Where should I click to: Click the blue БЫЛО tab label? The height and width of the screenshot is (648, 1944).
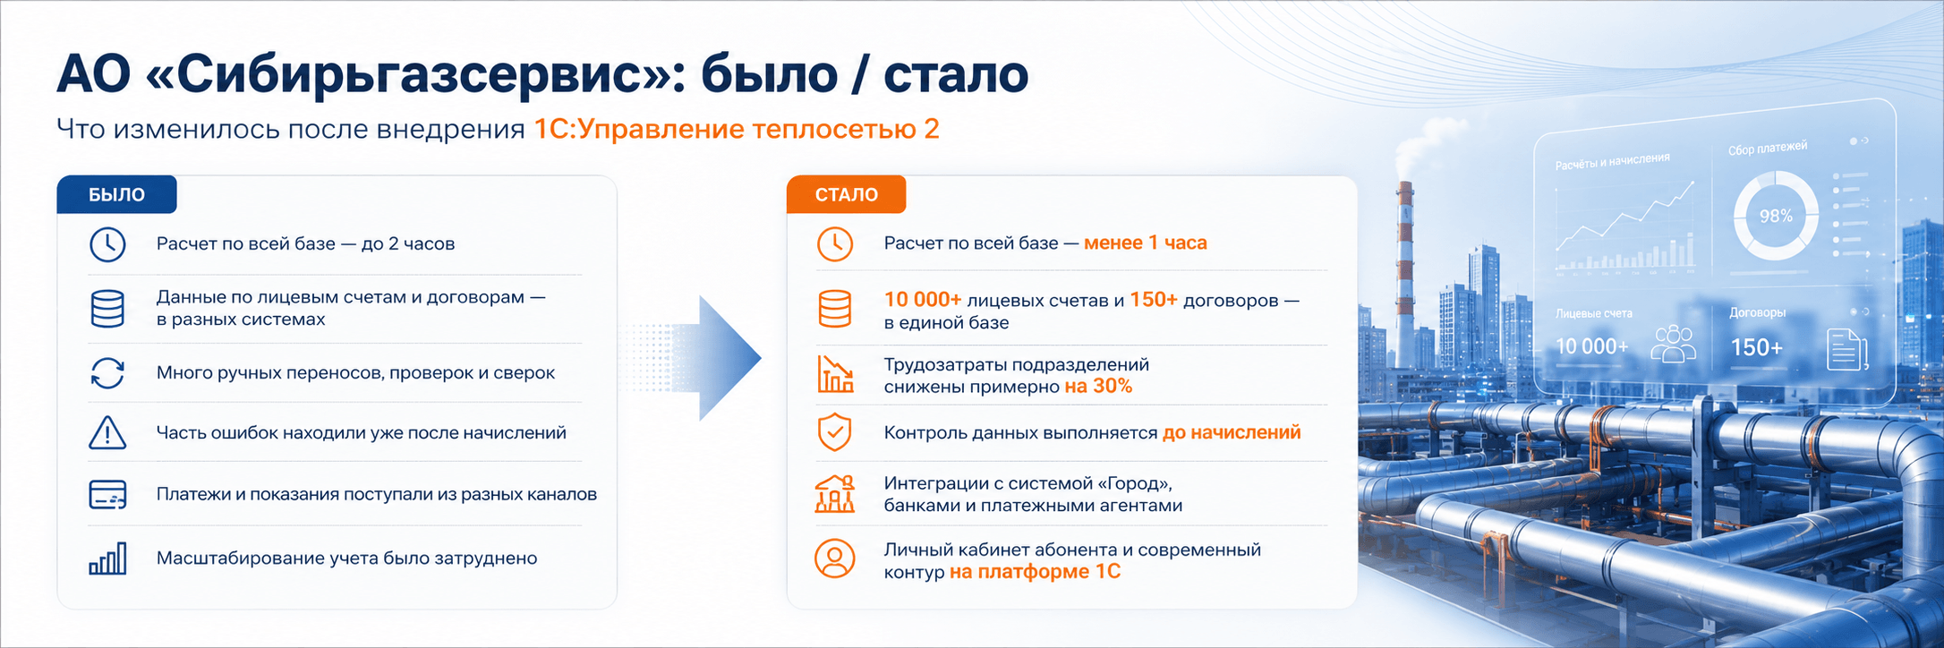pos(116,194)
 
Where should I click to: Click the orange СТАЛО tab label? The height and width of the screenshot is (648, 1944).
pos(846,194)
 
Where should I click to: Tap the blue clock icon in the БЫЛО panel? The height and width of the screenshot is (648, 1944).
pos(107,244)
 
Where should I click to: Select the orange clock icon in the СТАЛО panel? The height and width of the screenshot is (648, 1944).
pos(835,243)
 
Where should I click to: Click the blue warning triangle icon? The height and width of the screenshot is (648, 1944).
pos(107,432)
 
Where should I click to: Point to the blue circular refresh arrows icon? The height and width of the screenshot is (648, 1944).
pos(107,373)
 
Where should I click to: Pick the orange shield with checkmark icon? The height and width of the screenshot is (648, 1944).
pos(834,432)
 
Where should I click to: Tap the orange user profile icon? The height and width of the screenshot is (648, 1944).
pos(835,558)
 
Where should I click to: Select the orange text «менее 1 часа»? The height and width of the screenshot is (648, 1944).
pos(1145,243)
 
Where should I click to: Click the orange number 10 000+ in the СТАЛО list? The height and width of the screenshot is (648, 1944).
pos(922,300)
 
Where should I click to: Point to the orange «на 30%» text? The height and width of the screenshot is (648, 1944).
pos(1098,386)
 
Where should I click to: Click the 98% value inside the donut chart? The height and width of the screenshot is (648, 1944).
pos(1776,216)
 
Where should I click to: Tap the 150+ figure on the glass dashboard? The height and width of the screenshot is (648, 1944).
pos(1756,347)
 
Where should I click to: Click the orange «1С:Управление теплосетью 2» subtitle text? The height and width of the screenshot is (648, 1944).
pos(737,129)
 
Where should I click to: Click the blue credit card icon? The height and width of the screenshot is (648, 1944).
pos(107,494)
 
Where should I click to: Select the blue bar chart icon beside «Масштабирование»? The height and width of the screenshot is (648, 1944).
pos(107,558)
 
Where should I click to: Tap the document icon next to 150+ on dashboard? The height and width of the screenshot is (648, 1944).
pos(1846,349)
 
